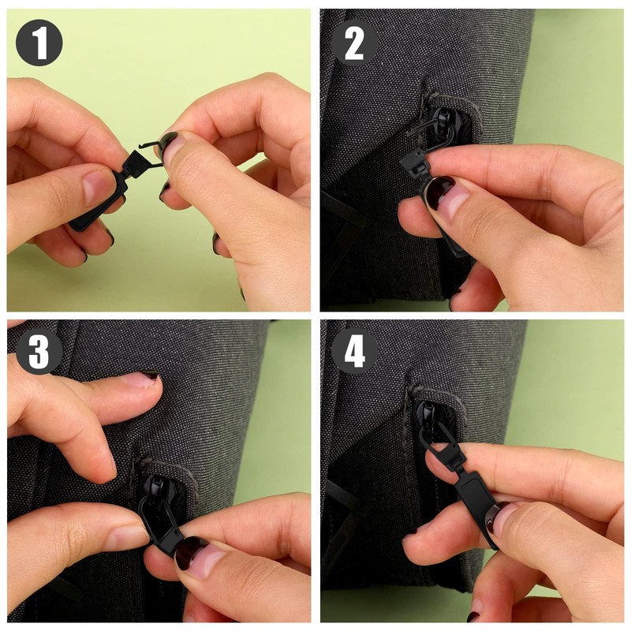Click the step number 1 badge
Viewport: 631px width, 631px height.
pyautogui.click(x=39, y=43)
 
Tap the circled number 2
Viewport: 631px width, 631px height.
pyautogui.click(x=353, y=43)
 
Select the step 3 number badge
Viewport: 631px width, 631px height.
pyautogui.click(x=39, y=353)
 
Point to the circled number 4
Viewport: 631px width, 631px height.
pyautogui.click(x=353, y=353)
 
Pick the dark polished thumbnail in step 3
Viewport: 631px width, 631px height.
pyautogui.click(x=189, y=553)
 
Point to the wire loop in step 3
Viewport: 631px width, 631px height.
pyautogui.click(x=155, y=513)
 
